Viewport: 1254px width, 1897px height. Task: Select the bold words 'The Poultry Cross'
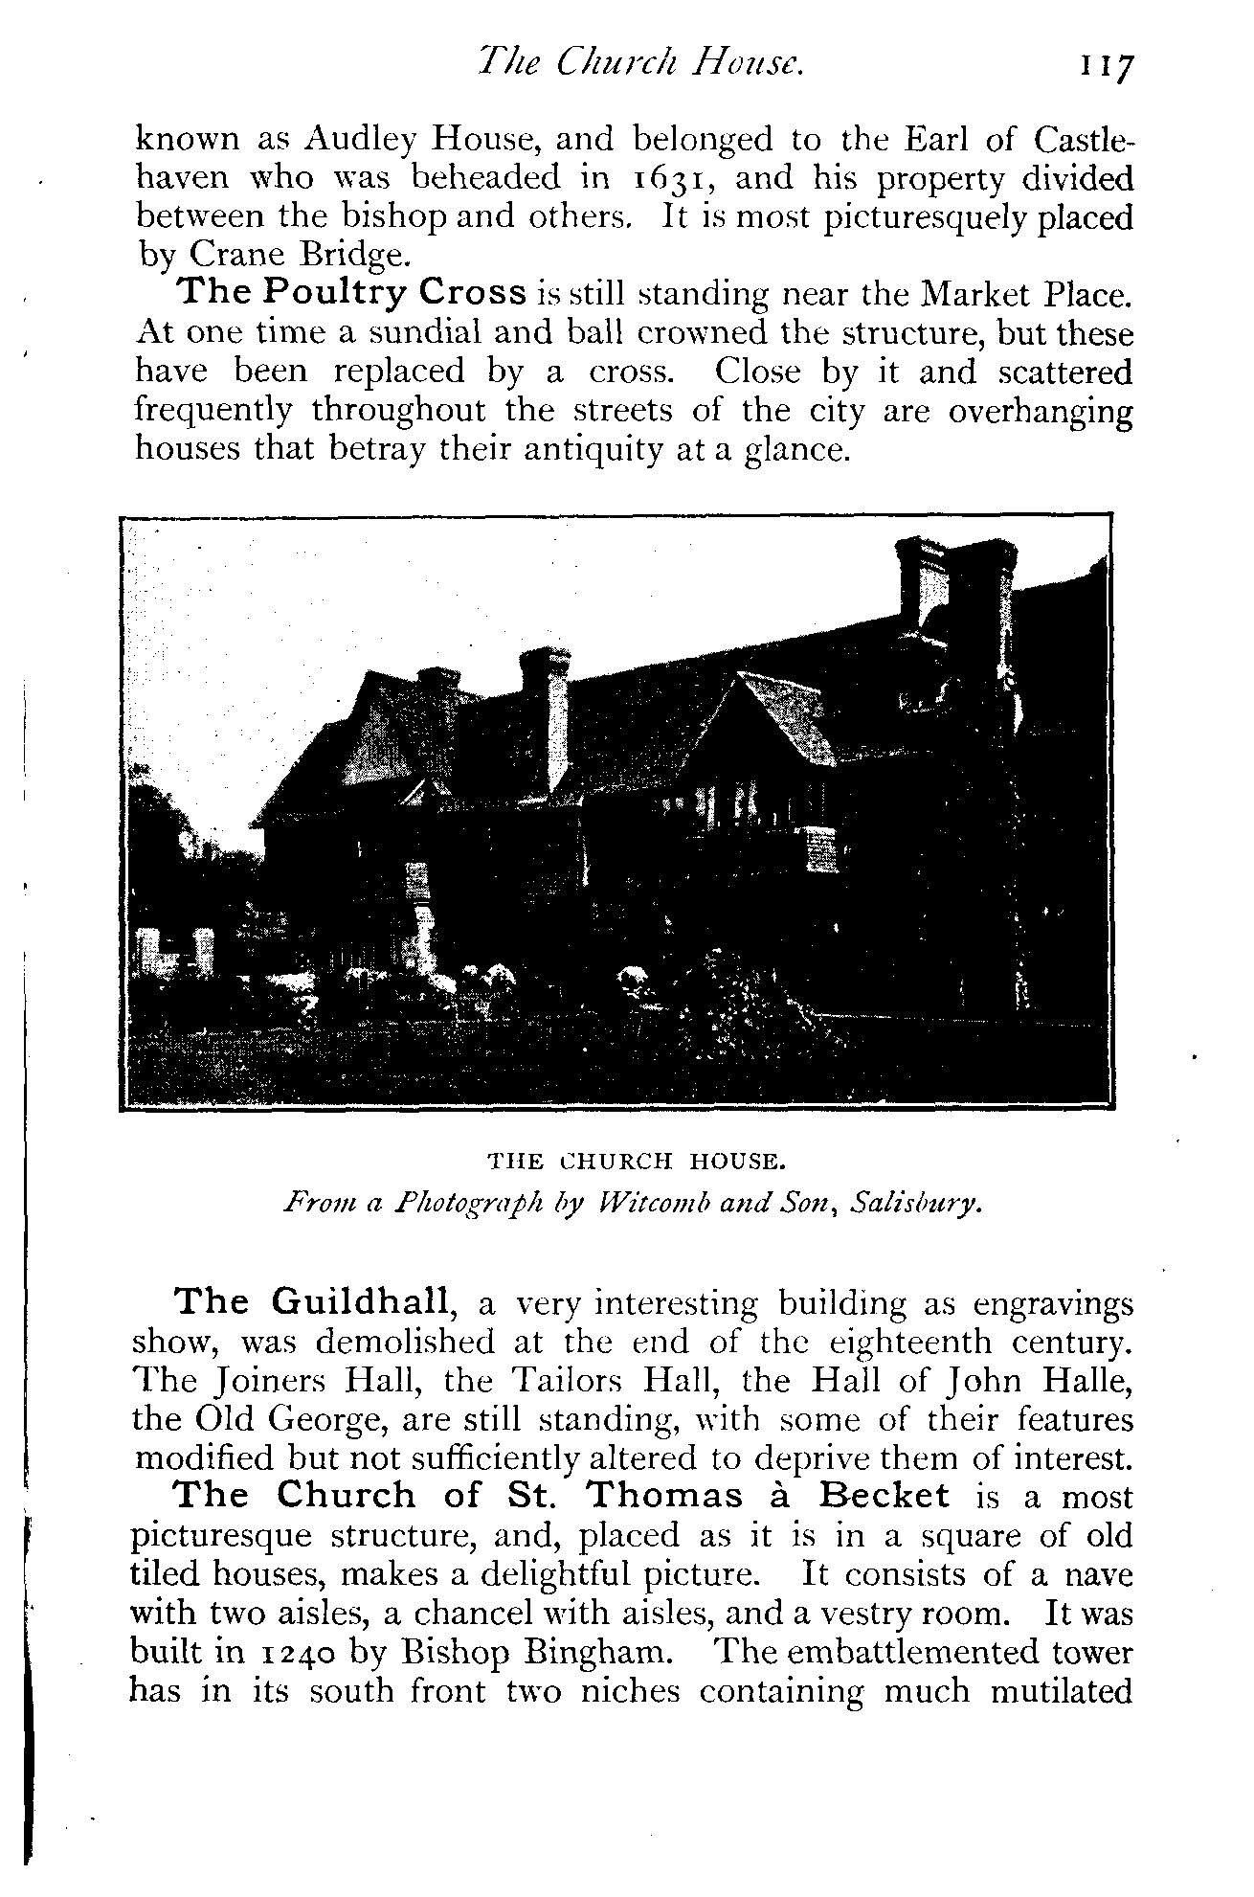[x=352, y=293]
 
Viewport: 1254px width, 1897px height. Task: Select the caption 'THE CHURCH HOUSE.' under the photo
[x=637, y=1162]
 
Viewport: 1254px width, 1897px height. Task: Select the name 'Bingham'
[x=599, y=1652]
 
